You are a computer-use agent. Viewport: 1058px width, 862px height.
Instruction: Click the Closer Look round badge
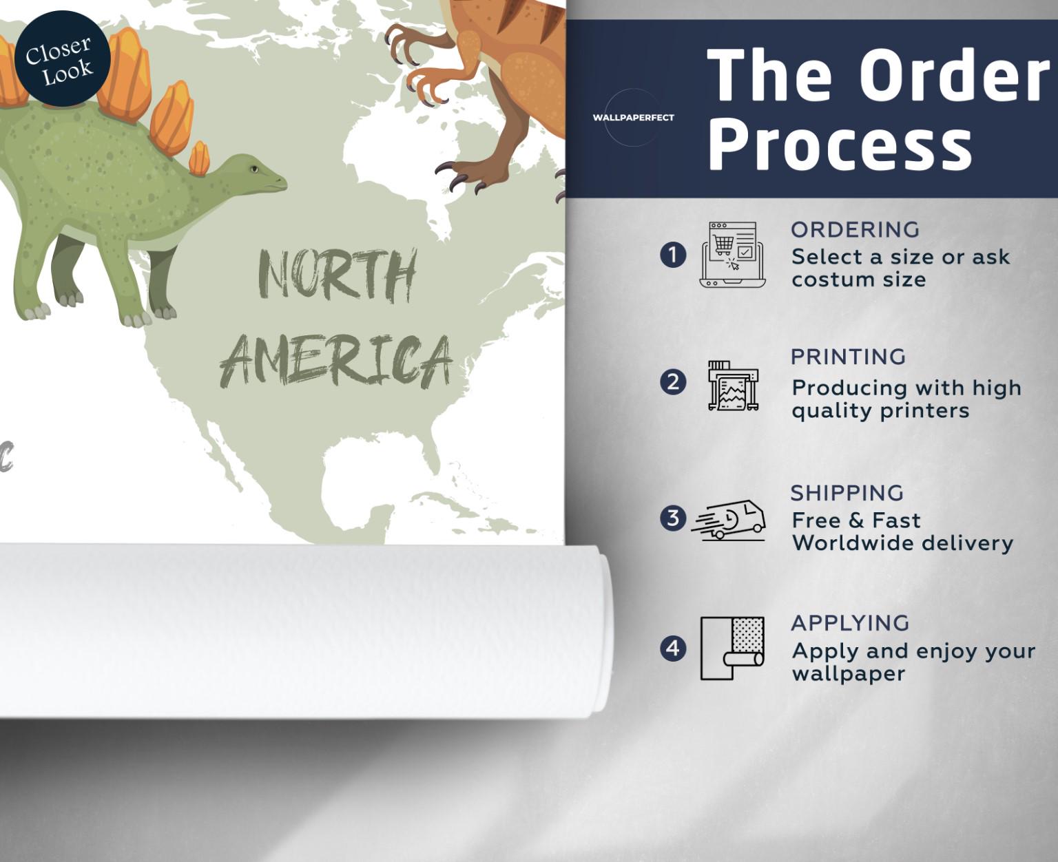(62, 59)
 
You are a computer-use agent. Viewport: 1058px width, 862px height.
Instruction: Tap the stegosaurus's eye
(254, 169)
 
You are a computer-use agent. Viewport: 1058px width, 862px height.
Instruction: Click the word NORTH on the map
(338, 275)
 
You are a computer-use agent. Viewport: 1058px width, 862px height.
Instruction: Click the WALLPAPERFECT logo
(633, 118)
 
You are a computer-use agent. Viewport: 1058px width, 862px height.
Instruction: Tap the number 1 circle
(673, 255)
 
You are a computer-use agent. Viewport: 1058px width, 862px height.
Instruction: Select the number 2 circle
(673, 382)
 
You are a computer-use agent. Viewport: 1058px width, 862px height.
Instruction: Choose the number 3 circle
(673, 518)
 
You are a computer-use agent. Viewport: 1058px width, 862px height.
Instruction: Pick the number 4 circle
(673, 648)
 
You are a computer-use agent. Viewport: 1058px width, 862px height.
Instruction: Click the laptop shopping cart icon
(733, 255)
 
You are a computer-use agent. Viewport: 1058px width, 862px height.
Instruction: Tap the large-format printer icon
(733, 386)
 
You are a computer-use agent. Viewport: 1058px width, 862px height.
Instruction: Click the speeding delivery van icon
(729, 519)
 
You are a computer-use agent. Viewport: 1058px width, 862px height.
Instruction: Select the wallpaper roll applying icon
(732, 648)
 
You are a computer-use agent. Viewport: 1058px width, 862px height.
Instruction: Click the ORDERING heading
(855, 230)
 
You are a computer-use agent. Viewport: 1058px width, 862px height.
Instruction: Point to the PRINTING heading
(848, 357)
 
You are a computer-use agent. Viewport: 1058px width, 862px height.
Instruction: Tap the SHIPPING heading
(847, 493)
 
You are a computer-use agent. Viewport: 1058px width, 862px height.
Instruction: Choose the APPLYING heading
(850, 623)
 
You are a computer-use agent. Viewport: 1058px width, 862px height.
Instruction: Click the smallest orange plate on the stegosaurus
(199, 158)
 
